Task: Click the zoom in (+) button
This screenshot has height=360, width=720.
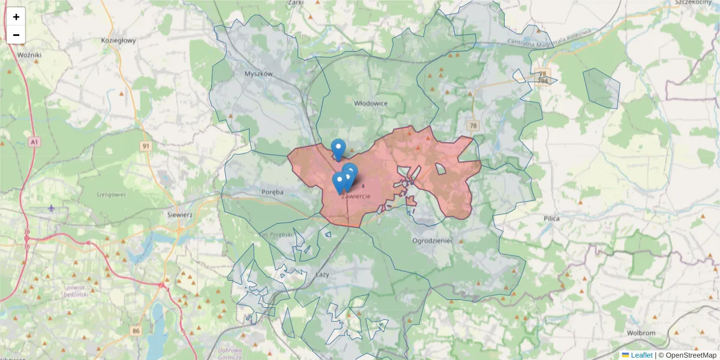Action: pyautogui.click(x=16, y=17)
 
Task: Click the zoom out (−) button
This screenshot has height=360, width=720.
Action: pyautogui.click(x=16, y=35)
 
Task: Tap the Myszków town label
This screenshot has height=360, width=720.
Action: pyautogui.click(x=259, y=74)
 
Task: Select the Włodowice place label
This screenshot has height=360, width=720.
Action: pyautogui.click(x=371, y=103)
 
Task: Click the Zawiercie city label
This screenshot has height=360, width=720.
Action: pyautogui.click(x=355, y=196)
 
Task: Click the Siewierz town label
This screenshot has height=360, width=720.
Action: pyautogui.click(x=179, y=214)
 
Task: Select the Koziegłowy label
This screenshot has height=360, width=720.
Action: pyautogui.click(x=119, y=41)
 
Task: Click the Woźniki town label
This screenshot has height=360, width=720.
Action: pyautogui.click(x=29, y=55)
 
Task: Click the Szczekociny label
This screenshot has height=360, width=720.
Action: pyautogui.click(x=692, y=2)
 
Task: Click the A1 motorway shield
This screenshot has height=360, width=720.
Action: pyautogui.click(x=34, y=142)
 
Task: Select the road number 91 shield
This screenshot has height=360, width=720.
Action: pyautogui.click(x=146, y=146)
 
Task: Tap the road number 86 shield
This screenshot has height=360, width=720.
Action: pyautogui.click(x=136, y=331)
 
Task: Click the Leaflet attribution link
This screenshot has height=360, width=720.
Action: pyautogui.click(x=641, y=355)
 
